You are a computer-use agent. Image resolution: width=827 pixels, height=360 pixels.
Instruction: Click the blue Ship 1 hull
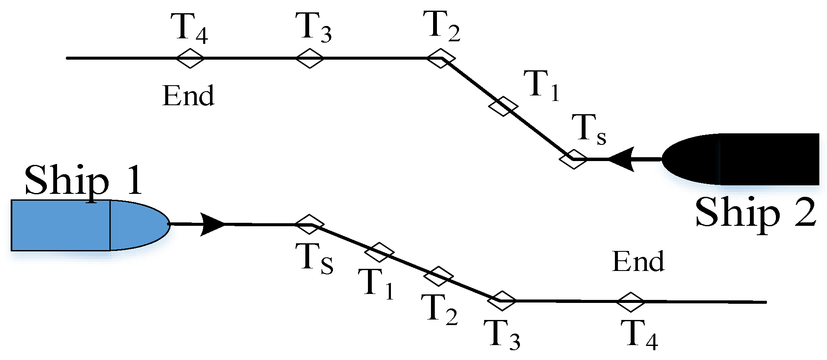point(85,225)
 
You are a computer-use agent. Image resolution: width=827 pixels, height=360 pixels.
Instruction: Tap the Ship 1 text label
point(83,180)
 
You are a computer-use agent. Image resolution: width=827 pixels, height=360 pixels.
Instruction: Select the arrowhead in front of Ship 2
point(621,159)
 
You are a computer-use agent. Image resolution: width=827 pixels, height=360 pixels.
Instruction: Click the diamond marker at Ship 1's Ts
point(310,224)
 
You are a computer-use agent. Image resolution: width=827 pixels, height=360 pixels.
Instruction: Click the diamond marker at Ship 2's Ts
point(573,159)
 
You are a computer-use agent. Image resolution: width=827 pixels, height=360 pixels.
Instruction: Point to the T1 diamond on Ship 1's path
point(379,252)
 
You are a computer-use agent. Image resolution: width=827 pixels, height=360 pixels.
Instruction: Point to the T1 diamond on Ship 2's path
point(503,106)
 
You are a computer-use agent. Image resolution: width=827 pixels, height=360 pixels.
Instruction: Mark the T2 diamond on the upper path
point(441,58)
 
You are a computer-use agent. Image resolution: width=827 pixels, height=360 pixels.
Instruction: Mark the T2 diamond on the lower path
point(439,276)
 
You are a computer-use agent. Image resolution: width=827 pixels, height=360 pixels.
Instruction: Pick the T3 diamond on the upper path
point(310,58)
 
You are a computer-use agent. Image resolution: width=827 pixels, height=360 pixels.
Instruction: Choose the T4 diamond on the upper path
point(190,58)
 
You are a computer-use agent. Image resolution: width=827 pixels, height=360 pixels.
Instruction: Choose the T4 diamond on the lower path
point(631,302)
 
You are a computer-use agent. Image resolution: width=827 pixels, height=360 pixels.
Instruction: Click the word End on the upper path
point(188,96)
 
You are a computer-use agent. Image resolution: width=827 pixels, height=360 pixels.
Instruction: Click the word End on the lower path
point(638,261)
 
